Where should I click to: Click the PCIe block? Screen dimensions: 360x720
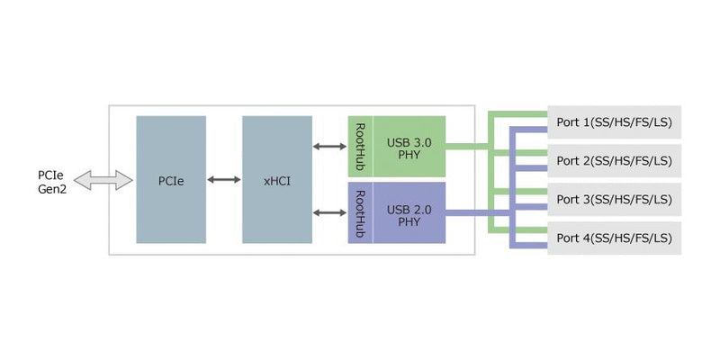click(x=171, y=180)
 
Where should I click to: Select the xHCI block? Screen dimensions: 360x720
click(x=276, y=180)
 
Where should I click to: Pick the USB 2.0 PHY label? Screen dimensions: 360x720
click(x=409, y=214)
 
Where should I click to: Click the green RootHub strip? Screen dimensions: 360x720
click(x=360, y=146)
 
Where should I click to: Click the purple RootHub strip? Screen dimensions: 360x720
click(x=360, y=212)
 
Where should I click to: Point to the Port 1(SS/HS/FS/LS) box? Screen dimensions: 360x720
click(x=615, y=122)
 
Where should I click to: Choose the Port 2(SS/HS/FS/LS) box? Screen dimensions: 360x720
click(x=615, y=161)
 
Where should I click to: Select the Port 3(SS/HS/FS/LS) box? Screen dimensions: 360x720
click(x=615, y=199)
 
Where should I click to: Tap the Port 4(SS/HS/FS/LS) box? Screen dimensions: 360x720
click(x=615, y=238)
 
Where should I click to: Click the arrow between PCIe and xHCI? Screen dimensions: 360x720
click(x=223, y=180)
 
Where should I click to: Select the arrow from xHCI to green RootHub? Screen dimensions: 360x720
click(x=330, y=146)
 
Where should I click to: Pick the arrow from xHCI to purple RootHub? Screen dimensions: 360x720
click(x=330, y=213)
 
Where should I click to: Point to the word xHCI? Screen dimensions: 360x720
click(x=276, y=181)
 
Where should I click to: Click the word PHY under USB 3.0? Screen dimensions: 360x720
click(x=409, y=155)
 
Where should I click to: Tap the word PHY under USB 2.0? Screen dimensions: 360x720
click(x=409, y=221)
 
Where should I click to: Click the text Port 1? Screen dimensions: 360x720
click(x=573, y=122)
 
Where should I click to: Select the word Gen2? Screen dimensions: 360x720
click(x=52, y=189)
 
